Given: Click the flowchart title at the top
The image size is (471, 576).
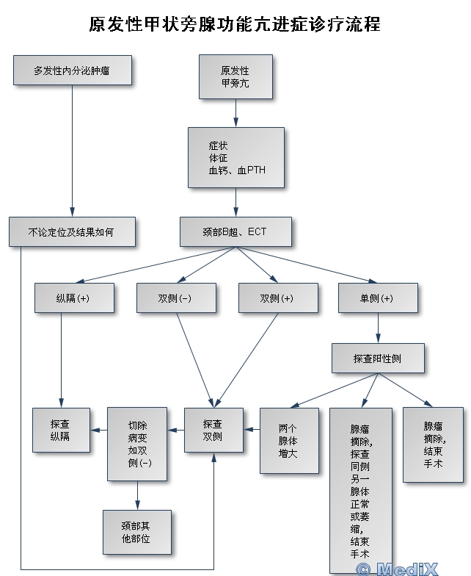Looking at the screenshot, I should click(235, 24).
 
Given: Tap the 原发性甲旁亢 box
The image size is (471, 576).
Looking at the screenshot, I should click(235, 76).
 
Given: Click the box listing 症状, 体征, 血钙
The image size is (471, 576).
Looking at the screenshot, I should click(235, 157).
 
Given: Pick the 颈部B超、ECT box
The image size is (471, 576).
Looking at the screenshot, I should click(235, 231).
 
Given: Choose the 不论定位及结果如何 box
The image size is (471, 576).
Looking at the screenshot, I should click(72, 231).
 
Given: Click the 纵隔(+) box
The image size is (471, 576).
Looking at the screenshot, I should click(73, 298).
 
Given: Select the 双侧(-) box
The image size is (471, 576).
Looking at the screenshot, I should click(176, 298).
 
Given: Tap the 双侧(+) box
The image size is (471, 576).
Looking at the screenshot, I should click(277, 298).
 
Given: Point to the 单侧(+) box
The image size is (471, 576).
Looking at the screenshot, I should click(377, 298).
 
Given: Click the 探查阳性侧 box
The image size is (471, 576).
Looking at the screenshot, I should click(377, 359).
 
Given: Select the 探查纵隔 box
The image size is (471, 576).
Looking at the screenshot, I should click(60, 430).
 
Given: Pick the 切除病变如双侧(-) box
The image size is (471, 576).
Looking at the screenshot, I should click(137, 444).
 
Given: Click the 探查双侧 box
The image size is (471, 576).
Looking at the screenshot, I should click(213, 430).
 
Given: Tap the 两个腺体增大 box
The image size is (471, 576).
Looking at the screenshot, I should click(289, 441).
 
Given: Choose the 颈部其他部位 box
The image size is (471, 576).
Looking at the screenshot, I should click(136, 531).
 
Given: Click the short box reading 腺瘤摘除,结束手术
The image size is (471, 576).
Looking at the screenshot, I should click(433, 444).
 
